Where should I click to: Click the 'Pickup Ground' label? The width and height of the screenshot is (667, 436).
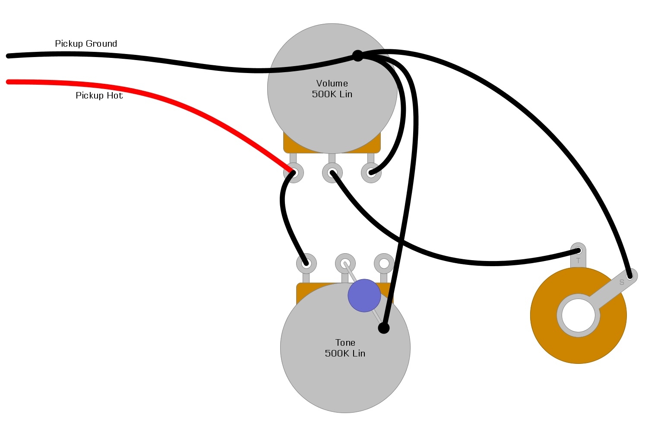[x=86, y=44]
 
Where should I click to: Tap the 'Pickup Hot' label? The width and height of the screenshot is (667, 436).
[x=99, y=95]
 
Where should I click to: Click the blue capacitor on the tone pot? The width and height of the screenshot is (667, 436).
[x=364, y=296]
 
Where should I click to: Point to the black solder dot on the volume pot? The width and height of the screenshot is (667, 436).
[x=357, y=56]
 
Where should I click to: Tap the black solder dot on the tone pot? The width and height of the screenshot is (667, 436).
[x=383, y=328]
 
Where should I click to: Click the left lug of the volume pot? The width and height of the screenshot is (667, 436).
[x=294, y=173]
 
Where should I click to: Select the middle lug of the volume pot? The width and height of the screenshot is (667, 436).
[x=332, y=173]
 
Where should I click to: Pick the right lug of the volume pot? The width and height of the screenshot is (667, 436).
[x=371, y=173]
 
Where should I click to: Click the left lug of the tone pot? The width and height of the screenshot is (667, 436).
[x=306, y=263]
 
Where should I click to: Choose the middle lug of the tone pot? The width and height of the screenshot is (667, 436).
[x=345, y=263]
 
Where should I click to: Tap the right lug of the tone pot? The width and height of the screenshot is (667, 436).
[x=384, y=263]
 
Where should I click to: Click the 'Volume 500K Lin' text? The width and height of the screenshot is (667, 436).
[x=332, y=89]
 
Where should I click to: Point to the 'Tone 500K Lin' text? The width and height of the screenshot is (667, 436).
[x=345, y=348]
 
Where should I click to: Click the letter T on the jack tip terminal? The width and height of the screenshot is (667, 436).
[x=578, y=261]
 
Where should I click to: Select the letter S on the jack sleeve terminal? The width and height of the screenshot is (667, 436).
[x=622, y=282]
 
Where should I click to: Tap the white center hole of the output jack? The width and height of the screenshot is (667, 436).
[x=578, y=315]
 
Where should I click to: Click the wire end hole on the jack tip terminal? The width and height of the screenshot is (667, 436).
[x=578, y=250]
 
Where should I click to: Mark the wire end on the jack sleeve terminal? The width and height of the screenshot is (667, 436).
[x=630, y=276]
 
